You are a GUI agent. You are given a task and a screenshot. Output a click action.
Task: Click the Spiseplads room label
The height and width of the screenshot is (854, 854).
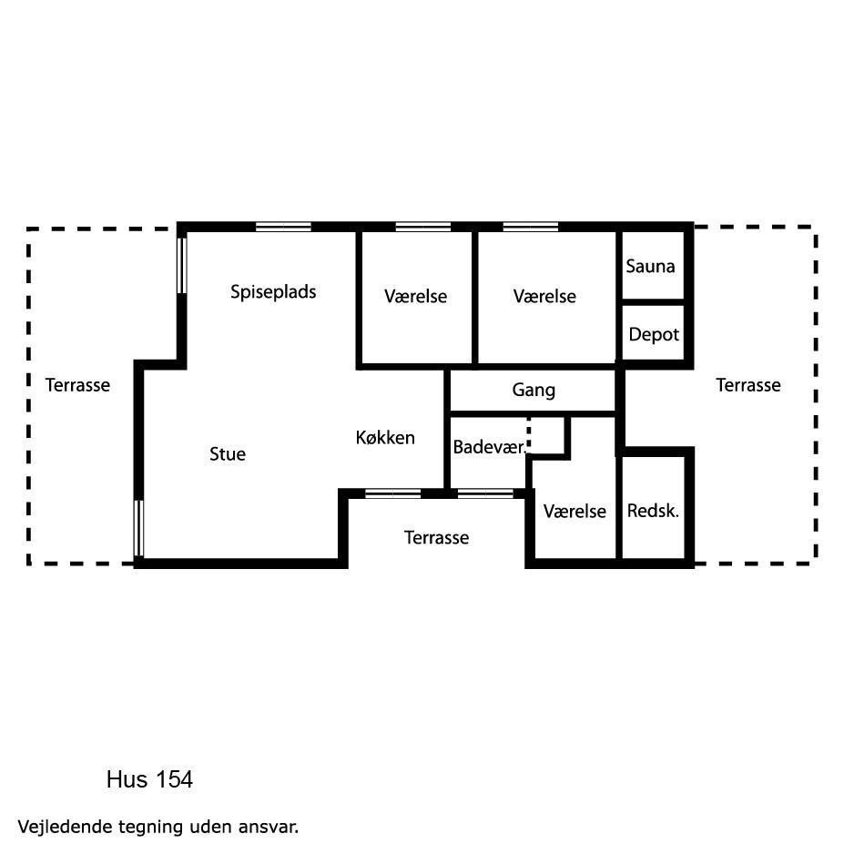(273, 292)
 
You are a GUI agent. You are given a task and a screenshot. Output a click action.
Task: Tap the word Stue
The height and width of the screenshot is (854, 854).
(228, 453)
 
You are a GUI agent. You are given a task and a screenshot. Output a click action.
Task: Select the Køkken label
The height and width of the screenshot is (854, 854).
(385, 437)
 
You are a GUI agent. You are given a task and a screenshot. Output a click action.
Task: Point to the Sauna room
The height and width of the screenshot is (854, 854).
(650, 267)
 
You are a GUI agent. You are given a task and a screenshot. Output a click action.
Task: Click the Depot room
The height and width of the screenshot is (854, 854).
(654, 334)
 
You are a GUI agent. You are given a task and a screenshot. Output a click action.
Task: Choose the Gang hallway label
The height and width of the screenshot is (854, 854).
(534, 390)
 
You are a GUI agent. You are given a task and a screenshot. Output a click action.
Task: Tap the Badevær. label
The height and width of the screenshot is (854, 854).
(489, 447)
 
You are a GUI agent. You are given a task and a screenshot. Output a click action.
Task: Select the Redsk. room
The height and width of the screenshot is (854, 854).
(653, 511)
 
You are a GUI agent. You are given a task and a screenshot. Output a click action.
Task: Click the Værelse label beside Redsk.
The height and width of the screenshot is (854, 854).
(574, 511)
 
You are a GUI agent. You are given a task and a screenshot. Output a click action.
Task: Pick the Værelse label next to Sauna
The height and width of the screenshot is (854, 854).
(544, 296)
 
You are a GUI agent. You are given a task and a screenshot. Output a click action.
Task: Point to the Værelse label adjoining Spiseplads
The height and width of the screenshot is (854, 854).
(415, 296)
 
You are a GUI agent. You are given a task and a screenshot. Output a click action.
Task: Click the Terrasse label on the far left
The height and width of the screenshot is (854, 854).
(77, 385)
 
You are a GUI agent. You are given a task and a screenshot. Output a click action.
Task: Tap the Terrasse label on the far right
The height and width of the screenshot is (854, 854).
(748, 385)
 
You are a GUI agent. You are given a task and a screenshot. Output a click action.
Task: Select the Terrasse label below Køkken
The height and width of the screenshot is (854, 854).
(436, 537)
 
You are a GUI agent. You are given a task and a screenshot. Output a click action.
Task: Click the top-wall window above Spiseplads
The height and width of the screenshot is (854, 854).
(283, 227)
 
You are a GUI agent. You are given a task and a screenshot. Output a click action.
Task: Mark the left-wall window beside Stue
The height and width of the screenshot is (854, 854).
(139, 528)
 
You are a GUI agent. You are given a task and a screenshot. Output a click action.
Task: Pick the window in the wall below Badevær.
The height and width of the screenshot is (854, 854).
(485, 493)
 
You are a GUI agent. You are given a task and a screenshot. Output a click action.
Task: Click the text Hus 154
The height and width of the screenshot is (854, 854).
(150, 779)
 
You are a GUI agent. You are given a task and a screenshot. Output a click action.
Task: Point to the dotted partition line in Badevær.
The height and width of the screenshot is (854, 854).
(529, 435)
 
